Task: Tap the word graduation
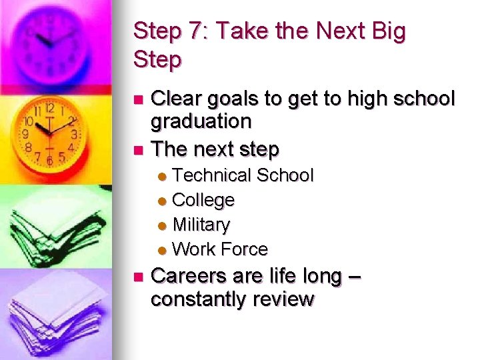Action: pos(201,122)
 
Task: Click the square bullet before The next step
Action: pos(138,149)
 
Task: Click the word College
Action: pos(203,200)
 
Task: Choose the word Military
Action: pos(201,225)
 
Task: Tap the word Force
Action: pos(243,249)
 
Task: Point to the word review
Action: pos(282,300)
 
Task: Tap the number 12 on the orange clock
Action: pos(50,108)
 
